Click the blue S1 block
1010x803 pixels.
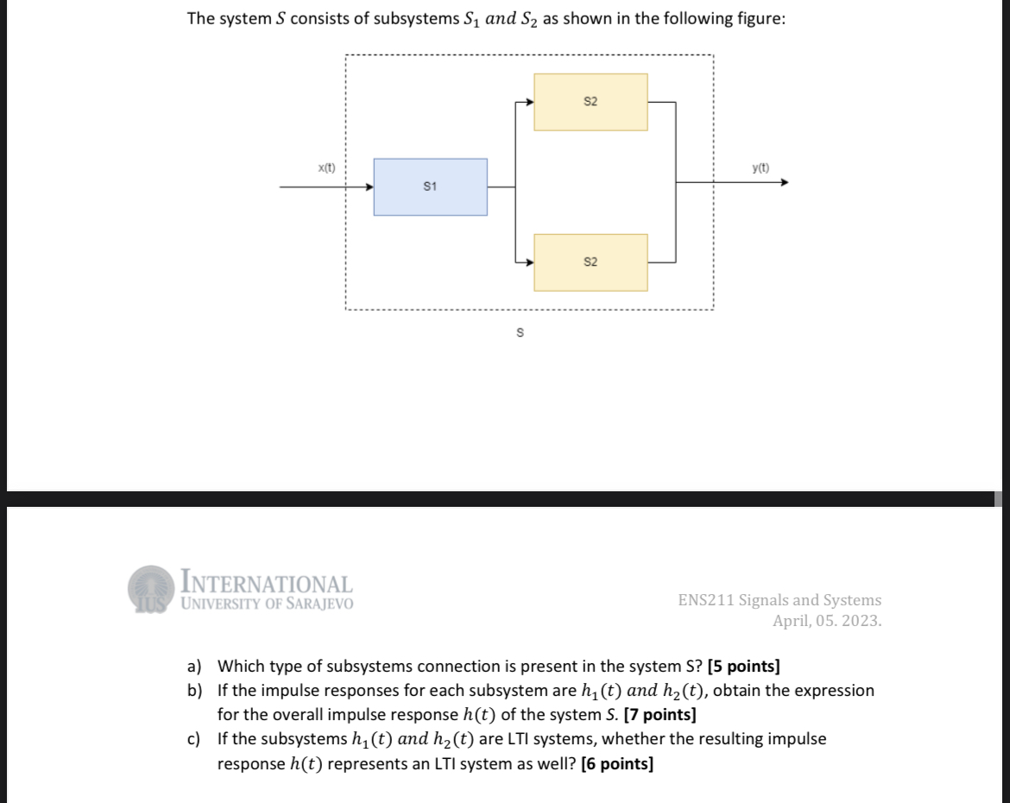pos(430,187)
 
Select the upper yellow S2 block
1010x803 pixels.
pos(590,102)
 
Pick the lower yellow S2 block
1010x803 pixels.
pos(590,262)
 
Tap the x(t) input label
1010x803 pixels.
pos(327,168)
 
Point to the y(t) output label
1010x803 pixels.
pos(761,168)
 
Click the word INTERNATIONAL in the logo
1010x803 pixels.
pos(266,585)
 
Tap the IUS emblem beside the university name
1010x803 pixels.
pos(152,588)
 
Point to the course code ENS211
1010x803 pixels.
pos(705,600)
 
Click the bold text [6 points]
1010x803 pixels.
pos(617,763)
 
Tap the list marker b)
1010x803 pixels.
pos(195,691)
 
